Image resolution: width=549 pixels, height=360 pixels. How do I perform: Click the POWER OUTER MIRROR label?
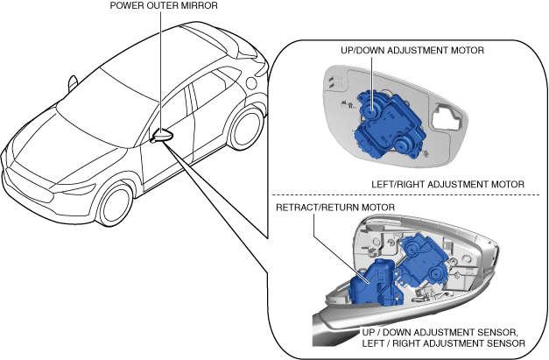pyautogui.click(x=164, y=5)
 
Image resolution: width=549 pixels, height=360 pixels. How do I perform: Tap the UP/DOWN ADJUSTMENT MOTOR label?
pyautogui.click(x=412, y=51)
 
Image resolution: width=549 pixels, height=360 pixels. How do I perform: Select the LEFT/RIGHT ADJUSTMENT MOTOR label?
pyautogui.click(x=447, y=184)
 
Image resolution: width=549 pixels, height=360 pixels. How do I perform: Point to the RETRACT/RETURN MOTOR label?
pyautogui.click(x=335, y=208)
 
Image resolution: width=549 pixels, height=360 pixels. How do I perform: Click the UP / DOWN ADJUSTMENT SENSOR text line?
pyautogui.click(x=440, y=332)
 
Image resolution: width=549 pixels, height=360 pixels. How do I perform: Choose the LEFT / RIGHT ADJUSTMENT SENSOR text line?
pyautogui.click(x=444, y=343)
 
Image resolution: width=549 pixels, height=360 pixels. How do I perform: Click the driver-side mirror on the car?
pyautogui.click(x=163, y=136)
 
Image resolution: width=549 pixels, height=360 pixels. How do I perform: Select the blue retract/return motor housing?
pyautogui.click(x=376, y=282)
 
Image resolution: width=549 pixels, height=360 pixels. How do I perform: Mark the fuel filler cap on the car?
pyautogui.click(x=251, y=82)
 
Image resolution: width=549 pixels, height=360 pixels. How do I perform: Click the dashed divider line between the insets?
pyautogui.click(x=405, y=195)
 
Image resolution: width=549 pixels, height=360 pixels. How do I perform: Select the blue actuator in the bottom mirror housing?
pyautogui.click(x=423, y=258)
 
